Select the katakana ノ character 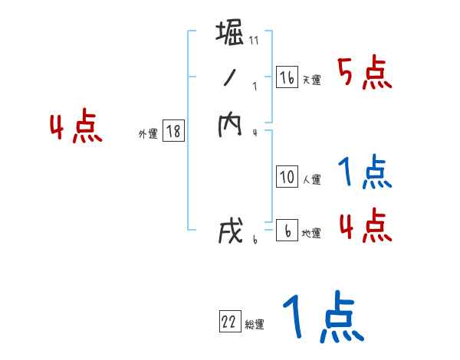(x=230, y=80)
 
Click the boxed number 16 (x=287, y=78)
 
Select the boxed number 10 (x=287, y=178)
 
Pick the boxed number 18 (x=173, y=132)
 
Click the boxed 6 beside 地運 (x=287, y=231)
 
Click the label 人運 (x=311, y=180)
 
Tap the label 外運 (x=148, y=134)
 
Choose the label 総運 (x=255, y=325)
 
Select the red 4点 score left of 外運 (x=75, y=128)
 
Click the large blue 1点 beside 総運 (x=322, y=318)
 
